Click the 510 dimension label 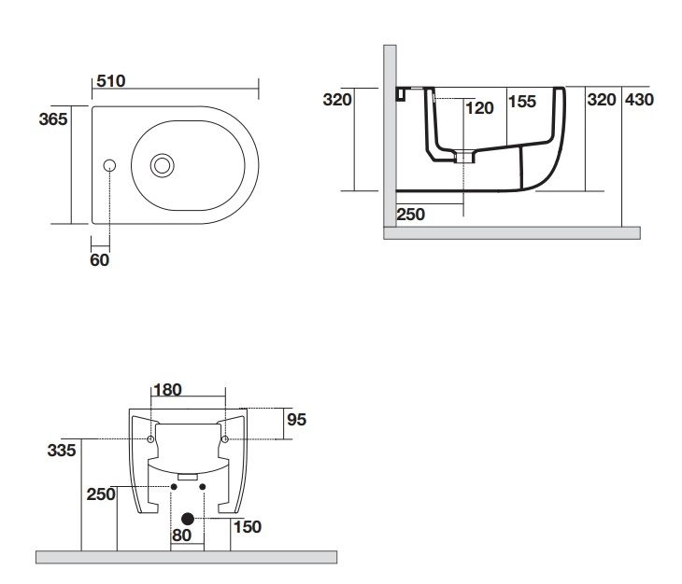(x=111, y=81)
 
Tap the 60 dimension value (x=99, y=260)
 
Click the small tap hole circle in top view (x=109, y=166)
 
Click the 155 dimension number (x=522, y=103)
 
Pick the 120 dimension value (x=479, y=107)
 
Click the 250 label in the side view (x=411, y=214)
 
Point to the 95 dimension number (x=296, y=420)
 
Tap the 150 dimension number (x=248, y=527)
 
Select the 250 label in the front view (x=101, y=494)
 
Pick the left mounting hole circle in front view (x=150, y=438)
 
